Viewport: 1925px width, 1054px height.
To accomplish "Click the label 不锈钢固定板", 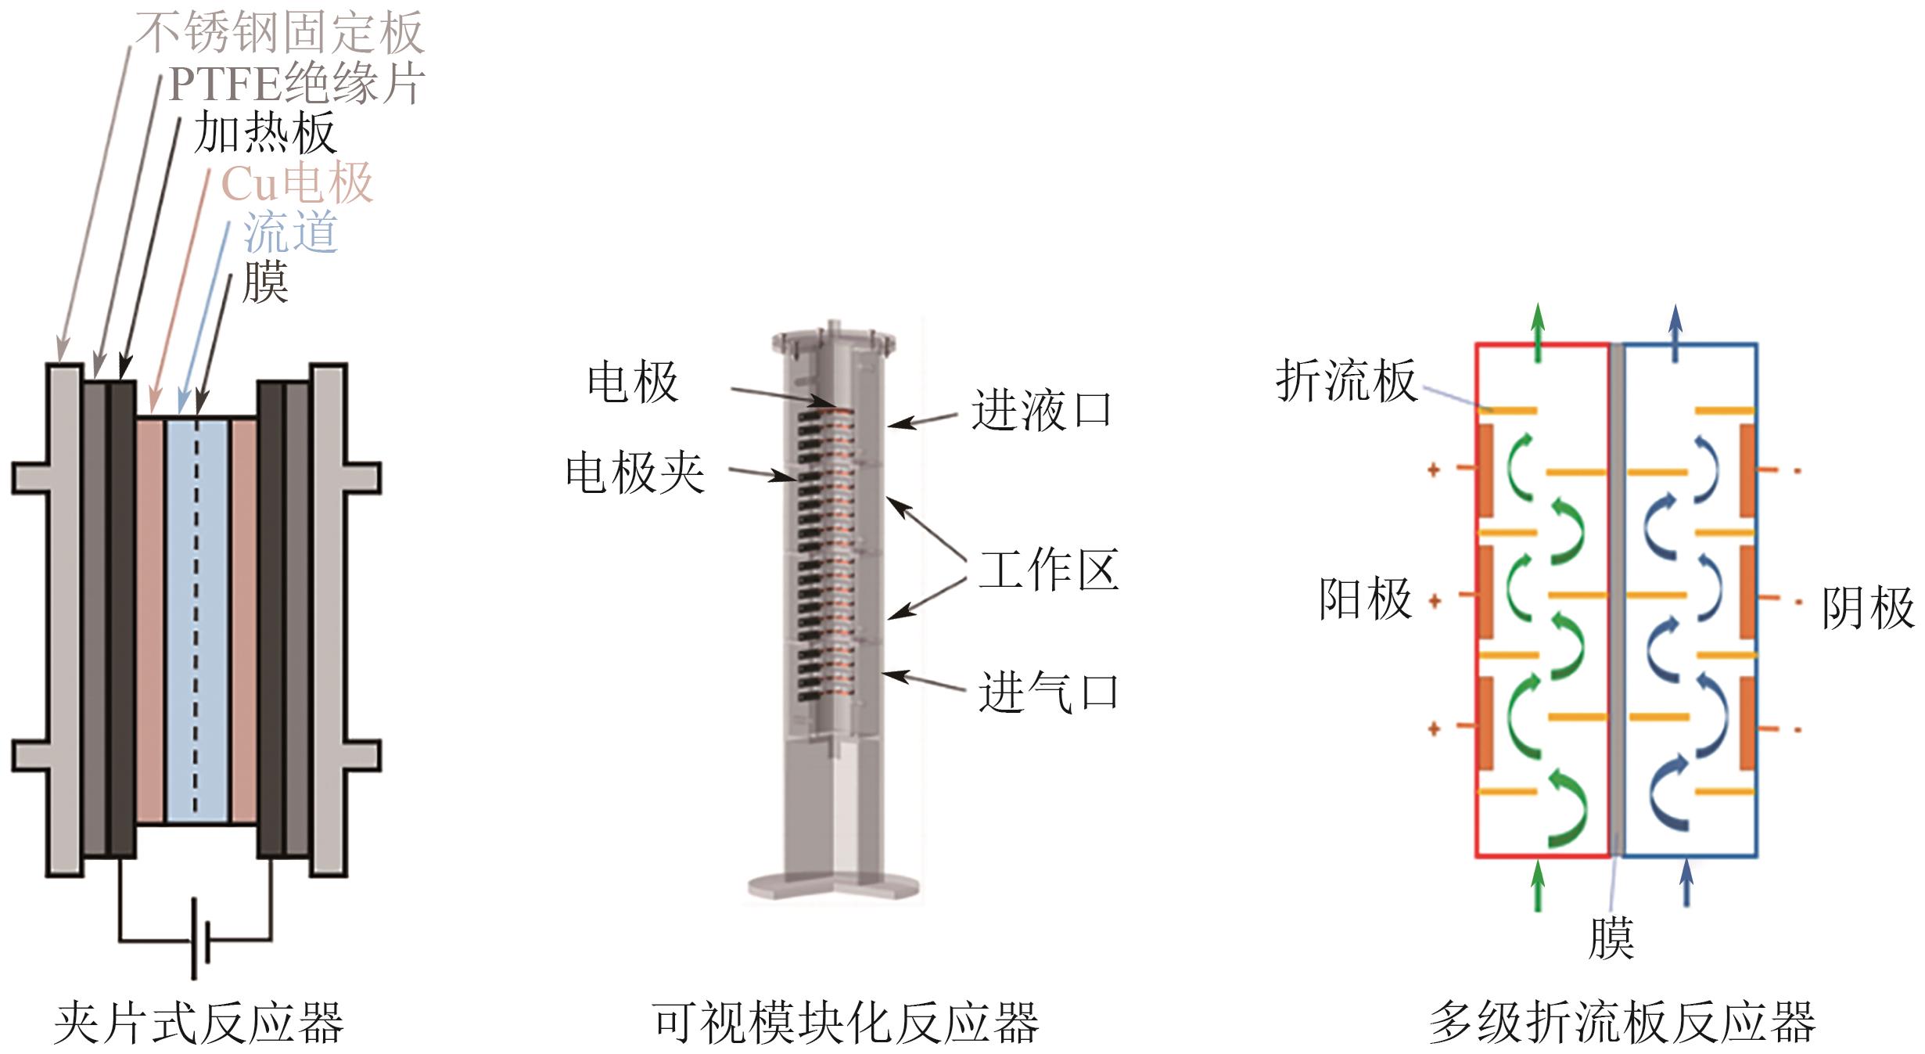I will [x=280, y=33].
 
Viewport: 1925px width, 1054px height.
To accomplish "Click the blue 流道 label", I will [x=290, y=232].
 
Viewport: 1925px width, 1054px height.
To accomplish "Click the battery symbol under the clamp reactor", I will [x=200, y=940].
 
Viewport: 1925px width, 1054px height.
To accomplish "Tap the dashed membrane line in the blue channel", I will [x=196, y=618].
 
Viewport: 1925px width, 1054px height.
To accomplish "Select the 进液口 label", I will [x=1041, y=410].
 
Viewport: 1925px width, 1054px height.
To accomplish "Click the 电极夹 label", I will [x=635, y=473].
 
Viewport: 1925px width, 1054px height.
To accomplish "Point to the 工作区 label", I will [x=1048, y=570].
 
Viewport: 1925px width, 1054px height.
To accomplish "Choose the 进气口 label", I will [x=1048, y=692].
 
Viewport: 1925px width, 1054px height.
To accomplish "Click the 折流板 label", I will [x=1346, y=381].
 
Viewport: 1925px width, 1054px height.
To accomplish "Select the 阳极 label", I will [x=1366, y=599].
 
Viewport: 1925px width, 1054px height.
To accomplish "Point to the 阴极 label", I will [x=1868, y=608].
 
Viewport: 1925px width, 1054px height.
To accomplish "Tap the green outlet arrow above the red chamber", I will [x=1538, y=332].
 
